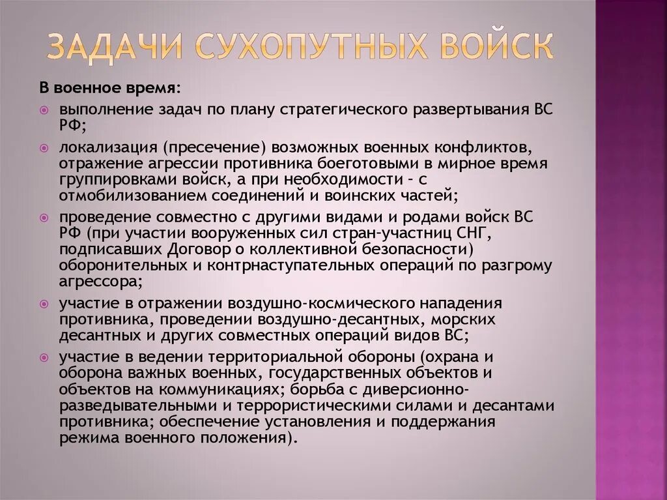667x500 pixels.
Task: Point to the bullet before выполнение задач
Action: (44, 110)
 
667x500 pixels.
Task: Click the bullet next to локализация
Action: (44, 150)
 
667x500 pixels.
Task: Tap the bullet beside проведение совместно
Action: (44, 216)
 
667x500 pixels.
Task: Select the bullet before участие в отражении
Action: (44, 304)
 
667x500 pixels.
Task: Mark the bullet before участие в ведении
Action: (44, 358)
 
